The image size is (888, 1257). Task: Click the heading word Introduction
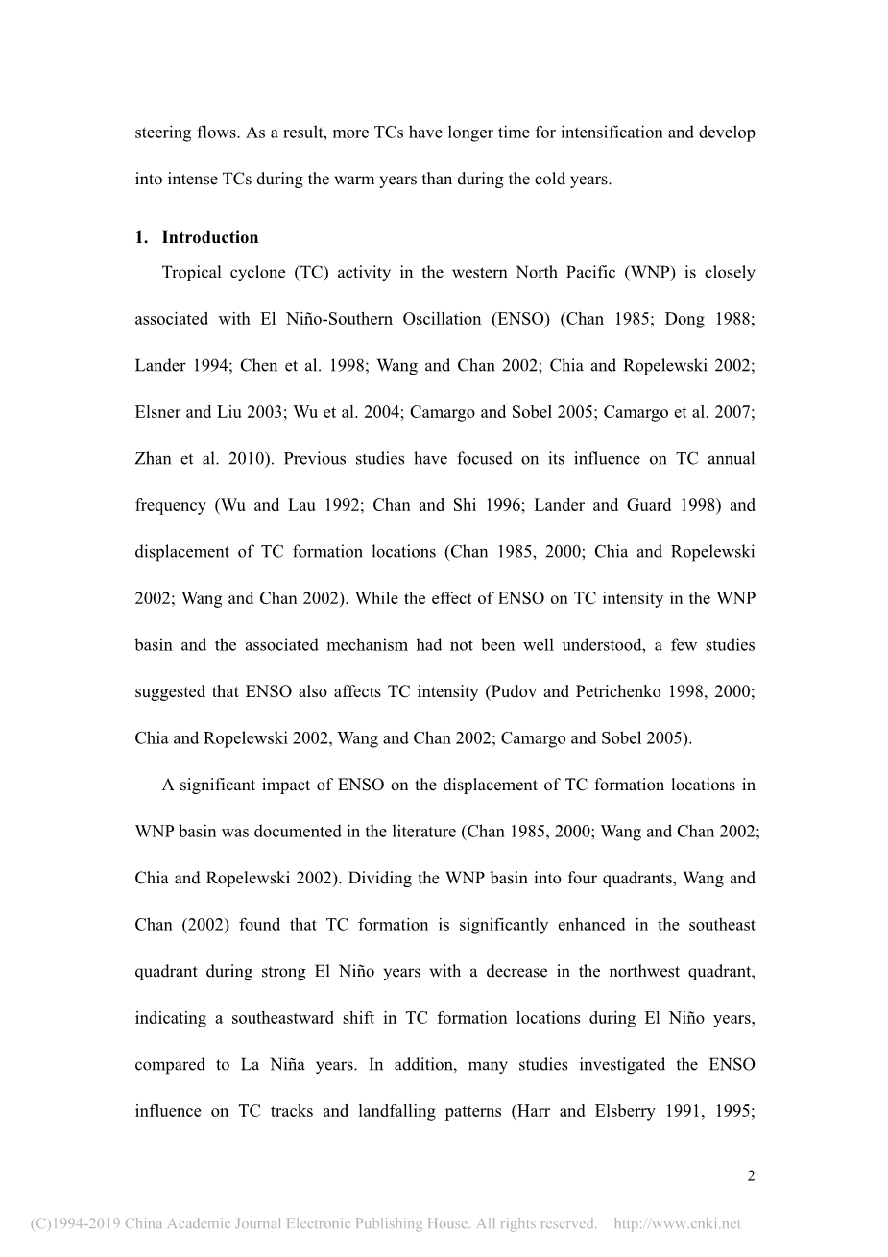[210, 238]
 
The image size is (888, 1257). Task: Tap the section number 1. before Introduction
[141, 238]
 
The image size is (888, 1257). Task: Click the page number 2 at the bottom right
[752, 1176]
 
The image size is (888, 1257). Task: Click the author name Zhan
[154, 459]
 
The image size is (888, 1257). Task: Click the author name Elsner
[158, 412]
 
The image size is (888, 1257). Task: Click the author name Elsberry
[630, 1112]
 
